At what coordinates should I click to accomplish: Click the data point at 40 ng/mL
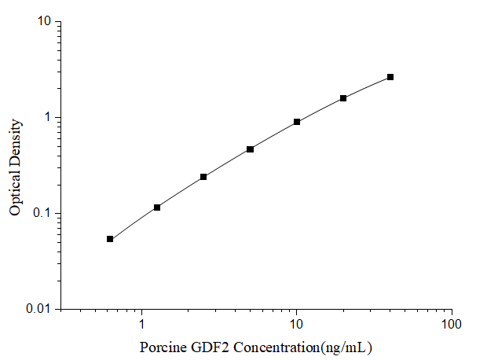click(x=390, y=77)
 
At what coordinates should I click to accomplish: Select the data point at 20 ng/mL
click(x=343, y=98)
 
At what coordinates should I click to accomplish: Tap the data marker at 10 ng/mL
click(x=297, y=122)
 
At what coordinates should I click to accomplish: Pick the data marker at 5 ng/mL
click(x=250, y=149)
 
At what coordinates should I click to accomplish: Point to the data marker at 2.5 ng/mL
click(x=203, y=177)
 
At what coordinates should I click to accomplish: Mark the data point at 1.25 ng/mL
click(x=157, y=208)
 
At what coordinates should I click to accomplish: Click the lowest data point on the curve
click(x=110, y=239)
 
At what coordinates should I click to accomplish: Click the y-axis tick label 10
click(x=44, y=22)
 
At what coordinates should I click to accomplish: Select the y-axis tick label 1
click(x=47, y=118)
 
